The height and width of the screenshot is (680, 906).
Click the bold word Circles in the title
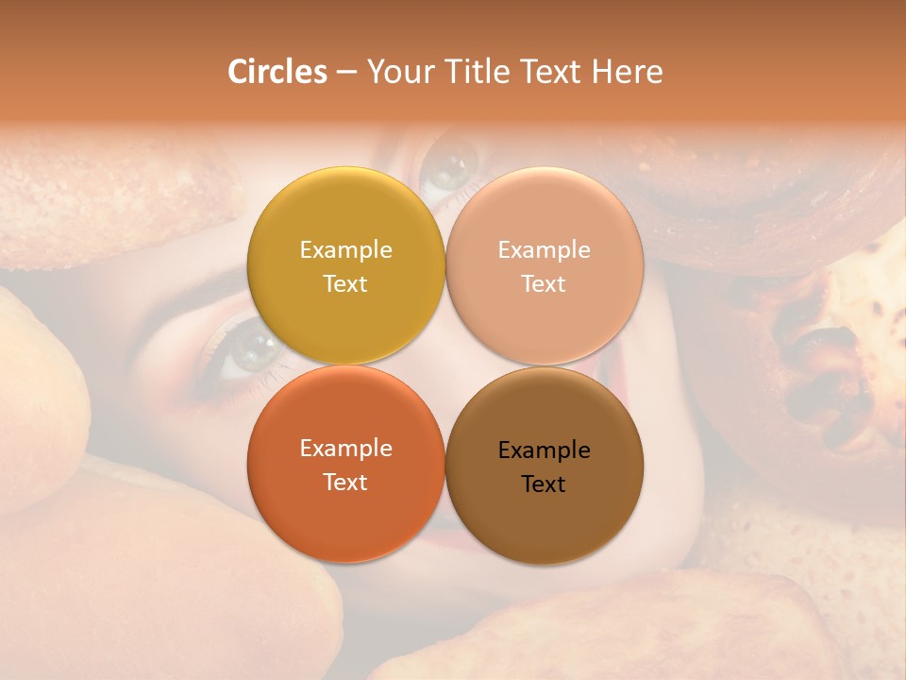(x=277, y=72)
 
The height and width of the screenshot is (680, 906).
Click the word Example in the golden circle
(x=345, y=250)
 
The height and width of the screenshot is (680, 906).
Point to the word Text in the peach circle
(x=544, y=284)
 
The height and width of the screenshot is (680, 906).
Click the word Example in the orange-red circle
(x=345, y=449)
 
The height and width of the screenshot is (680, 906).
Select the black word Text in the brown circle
(x=544, y=484)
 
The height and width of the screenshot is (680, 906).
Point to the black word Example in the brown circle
(x=544, y=450)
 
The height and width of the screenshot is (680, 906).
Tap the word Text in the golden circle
(x=345, y=284)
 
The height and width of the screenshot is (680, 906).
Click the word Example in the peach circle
(x=544, y=250)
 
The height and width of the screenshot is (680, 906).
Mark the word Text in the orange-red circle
(x=345, y=483)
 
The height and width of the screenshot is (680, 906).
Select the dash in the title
(x=345, y=72)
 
